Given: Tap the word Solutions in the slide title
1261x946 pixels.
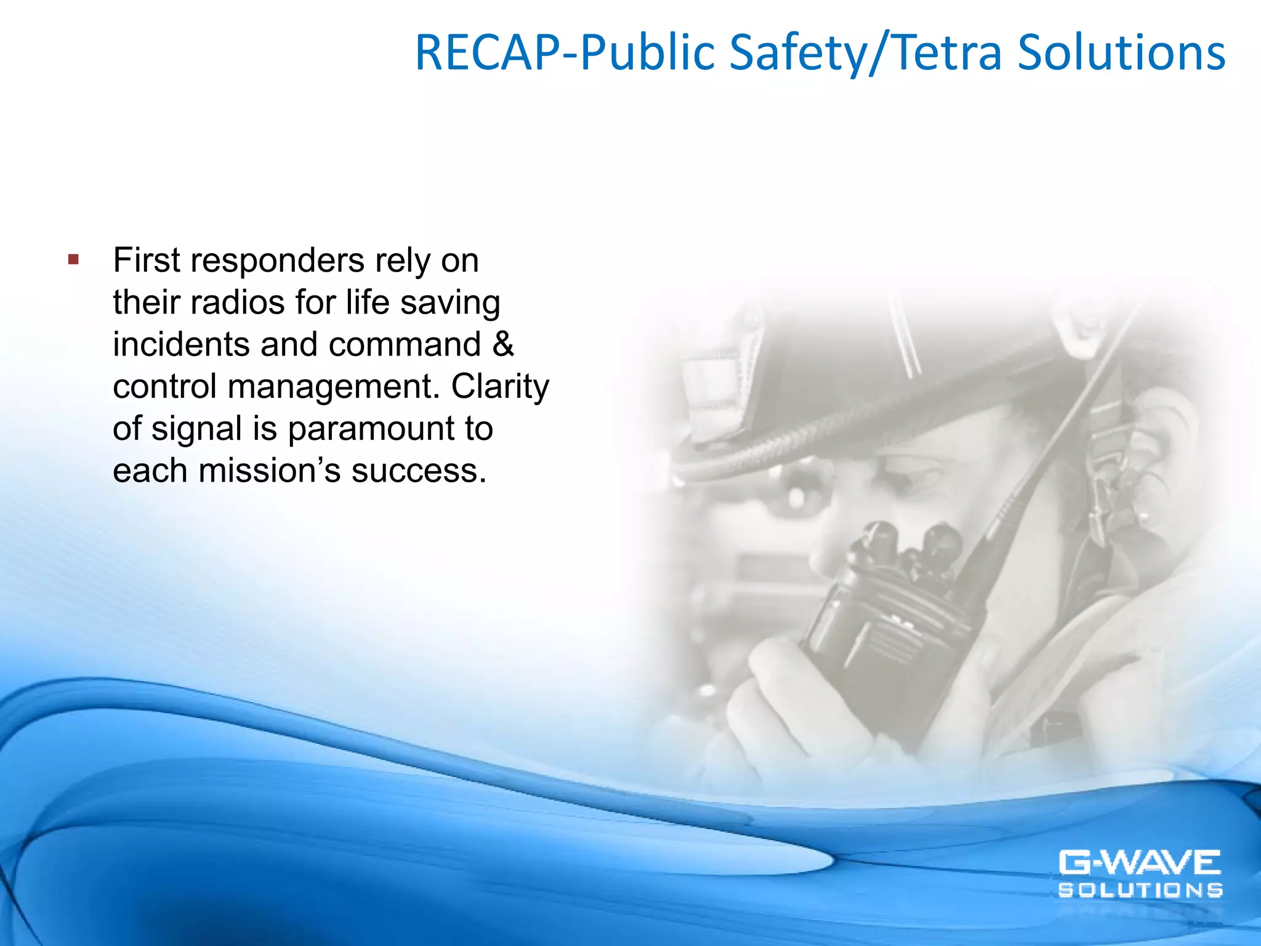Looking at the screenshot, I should click(x=1121, y=53).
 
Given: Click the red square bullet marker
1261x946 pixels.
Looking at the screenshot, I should click(x=74, y=259).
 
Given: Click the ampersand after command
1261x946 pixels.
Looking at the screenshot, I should click(x=503, y=344).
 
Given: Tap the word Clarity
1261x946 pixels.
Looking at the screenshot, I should click(x=500, y=387).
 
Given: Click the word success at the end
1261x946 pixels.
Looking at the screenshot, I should click(x=419, y=471).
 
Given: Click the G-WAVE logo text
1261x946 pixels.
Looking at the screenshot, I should click(x=1139, y=863).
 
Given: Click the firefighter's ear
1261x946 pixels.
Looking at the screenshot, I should click(x=1164, y=443).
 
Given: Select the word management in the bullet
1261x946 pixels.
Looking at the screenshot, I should click(x=330, y=387).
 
